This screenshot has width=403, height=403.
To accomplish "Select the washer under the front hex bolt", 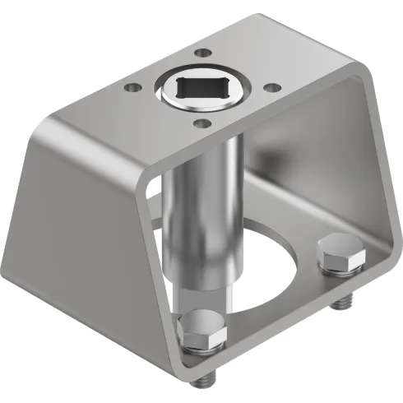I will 201,350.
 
